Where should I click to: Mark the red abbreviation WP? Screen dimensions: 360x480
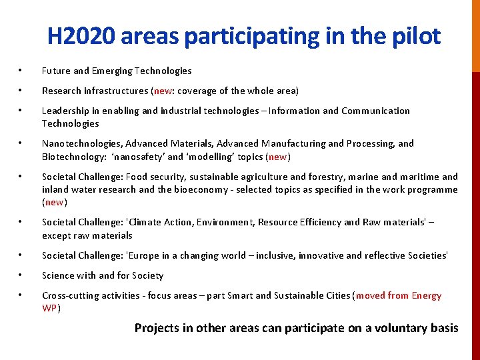click(x=49, y=308)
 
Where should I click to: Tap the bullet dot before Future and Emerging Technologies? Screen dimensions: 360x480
click(x=21, y=71)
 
